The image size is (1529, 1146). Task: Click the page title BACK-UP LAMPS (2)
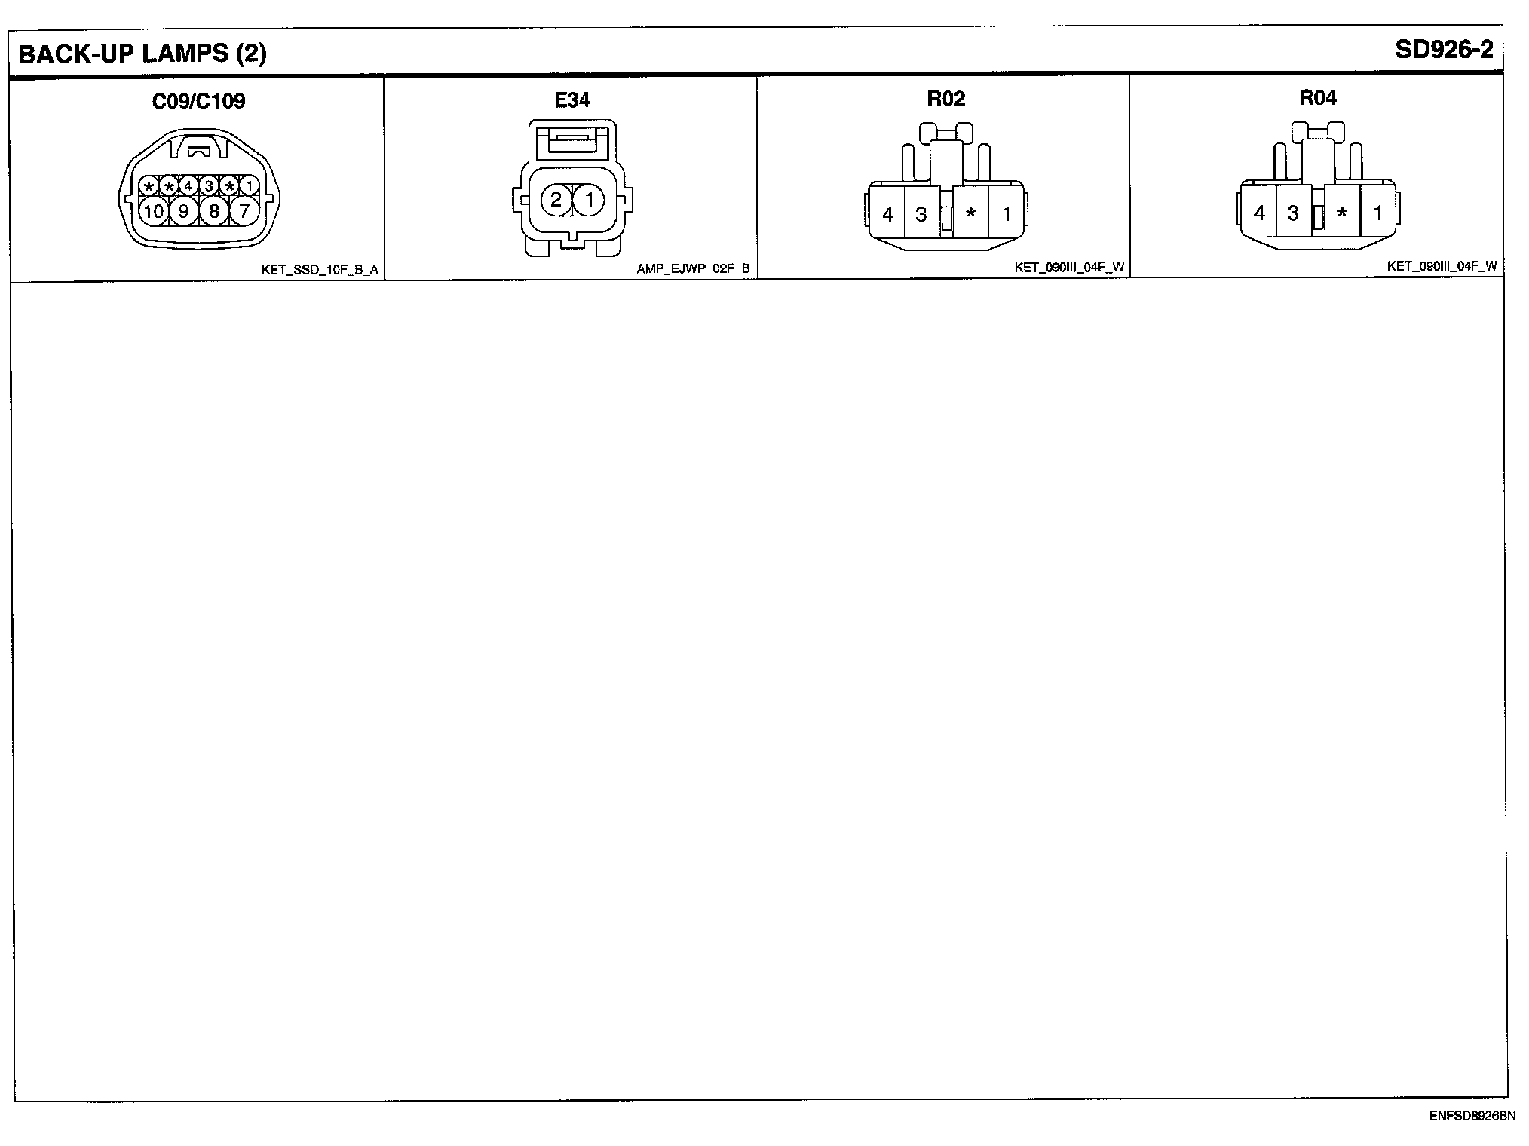(x=142, y=54)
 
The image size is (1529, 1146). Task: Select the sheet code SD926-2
(x=1443, y=50)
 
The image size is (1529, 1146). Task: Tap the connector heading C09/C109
(x=198, y=101)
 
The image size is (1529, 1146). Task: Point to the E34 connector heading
(x=572, y=100)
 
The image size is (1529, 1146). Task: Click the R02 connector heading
(x=945, y=99)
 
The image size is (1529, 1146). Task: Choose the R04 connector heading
(x=1318, y=97)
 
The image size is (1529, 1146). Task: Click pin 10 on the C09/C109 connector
(x=154, y=211)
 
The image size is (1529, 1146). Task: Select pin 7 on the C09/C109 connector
(x=244, y=211)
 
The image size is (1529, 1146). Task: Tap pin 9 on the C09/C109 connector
(x=183, y=211)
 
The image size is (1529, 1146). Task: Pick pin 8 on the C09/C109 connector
(x=214, y=211)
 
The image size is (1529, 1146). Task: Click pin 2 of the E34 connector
(x=556, y=200)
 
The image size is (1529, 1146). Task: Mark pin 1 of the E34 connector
(x=590, y=200)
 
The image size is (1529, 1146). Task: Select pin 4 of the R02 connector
(x=887, y=215)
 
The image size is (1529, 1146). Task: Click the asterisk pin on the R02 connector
(x=971, y=215)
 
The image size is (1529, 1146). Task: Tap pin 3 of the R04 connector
(x=1293, y=213)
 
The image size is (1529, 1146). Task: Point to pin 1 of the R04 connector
(x=1377, y=213)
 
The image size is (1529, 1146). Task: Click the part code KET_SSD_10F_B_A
(x=320, y=269)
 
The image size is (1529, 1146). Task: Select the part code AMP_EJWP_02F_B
(x=693, y=268)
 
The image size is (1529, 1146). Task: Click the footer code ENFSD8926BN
(x=1472, y=1116)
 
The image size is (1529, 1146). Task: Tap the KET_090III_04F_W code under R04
(x=1442, y=266)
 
